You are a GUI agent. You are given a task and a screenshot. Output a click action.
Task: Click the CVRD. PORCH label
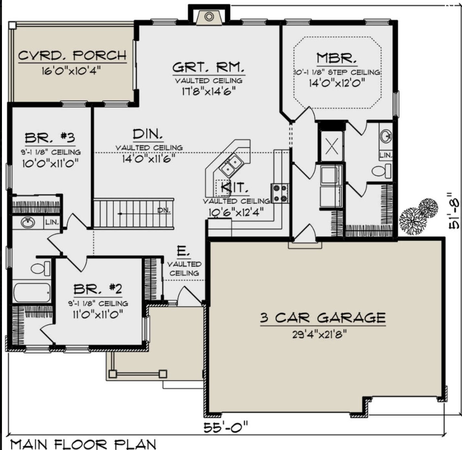pos(72,55)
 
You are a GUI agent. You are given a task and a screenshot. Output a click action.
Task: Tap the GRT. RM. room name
pos(208,67)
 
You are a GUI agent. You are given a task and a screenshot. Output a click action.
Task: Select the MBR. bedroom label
pos(337,58)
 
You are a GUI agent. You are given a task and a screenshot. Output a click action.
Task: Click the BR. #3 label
pos(50,138)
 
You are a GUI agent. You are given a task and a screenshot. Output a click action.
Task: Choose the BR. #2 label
pos(98,289)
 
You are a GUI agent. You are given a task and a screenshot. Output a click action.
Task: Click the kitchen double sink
pos(231,165)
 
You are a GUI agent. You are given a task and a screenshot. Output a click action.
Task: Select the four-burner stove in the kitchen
pos(280,193)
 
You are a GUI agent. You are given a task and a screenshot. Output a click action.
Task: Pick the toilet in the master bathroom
pos(381,171)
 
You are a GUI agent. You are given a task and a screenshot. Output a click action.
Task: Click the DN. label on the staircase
pos(164,210)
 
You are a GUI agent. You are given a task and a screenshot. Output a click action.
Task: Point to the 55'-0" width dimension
pos(225,428)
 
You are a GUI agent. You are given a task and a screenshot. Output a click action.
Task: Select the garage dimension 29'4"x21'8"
pos(320,335)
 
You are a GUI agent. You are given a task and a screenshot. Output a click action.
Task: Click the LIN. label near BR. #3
pos(52,222)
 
